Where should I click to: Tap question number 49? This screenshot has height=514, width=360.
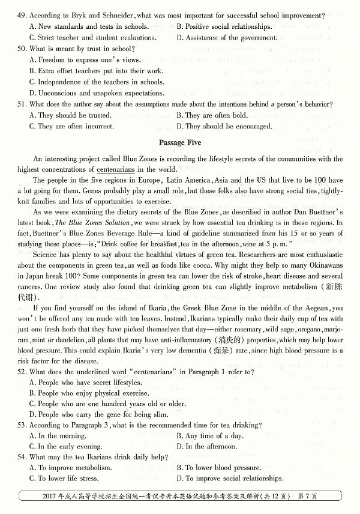[22, 14]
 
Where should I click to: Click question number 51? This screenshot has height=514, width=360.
[22, 104]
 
